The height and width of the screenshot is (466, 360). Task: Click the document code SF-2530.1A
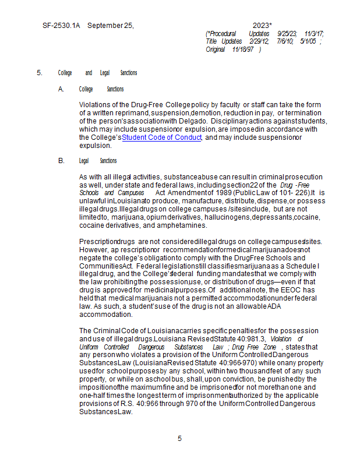click(x=61, y=26)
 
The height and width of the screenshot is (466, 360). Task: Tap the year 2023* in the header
click(x=262, y=26)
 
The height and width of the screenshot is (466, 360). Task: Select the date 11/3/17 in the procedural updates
click(x=315, y=34)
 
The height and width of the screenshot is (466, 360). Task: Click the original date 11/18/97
click(x=245, y=49)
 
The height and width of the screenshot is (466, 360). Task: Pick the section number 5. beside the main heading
click(x=40, y=73)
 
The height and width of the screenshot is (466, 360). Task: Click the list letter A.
click(x=61, y=89)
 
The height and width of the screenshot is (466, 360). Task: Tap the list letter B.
click(x=61, y=161)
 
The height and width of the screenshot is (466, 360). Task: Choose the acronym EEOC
click(x=293, y=290)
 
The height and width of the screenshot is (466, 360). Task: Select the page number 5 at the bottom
click(x=180, y=439)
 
